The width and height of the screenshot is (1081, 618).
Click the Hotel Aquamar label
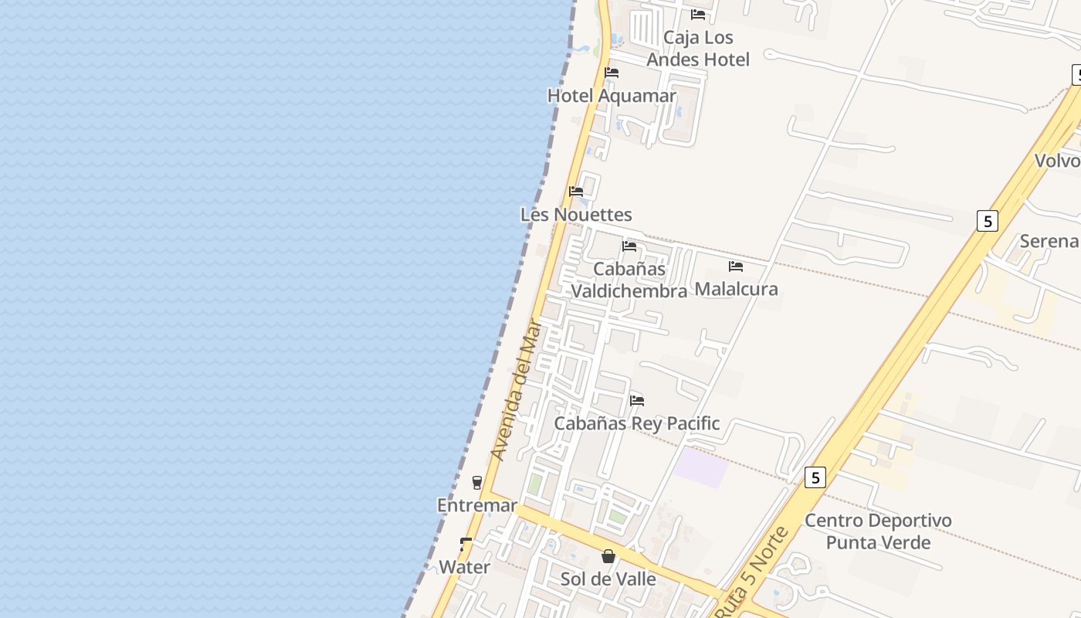pyautogui.click(x=612, y=96)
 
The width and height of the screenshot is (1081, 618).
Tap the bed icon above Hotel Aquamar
pyautogui.click(x=612, y=73)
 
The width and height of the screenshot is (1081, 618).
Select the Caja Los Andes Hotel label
pyautogui.click(x=698, y=49)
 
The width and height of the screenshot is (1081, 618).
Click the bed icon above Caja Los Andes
pyautogui.click(x=698, y=14)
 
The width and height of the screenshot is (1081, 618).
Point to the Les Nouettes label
pyautogui.click(x=576, y=215)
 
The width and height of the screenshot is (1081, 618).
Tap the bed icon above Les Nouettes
pyautogui.click(x=576, y=192)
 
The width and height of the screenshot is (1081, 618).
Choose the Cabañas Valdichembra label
pyautogui.click(x=629, y=280)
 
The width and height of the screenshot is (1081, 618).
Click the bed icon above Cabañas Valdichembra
pyautogui.click(x=629, y=246)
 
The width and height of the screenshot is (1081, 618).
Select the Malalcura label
pyautogui.click(x=736, y=289)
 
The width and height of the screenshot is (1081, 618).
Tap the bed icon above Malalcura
pyautogui.click(x=736, y=267)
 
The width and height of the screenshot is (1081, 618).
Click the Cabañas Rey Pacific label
pyautogui.click(x=637, y=423)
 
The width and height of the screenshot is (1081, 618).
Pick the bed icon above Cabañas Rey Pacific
pyautogui.click(x=637, y=400)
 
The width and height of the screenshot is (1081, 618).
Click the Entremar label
pyautogui.click(x=477, y=506)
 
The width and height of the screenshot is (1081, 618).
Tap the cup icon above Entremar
pyautogui.click(x=477, y=483)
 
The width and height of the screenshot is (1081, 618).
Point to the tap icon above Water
pyautogui.click(x=466, y=545)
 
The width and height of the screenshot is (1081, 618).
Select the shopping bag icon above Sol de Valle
pyautogui.click(x=608, y=556)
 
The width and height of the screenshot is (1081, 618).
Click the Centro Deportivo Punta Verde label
pyautogui.click(x=878, y=531)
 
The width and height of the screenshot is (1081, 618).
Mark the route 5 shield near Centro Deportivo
pyautogui.click(x=815, y=477)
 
